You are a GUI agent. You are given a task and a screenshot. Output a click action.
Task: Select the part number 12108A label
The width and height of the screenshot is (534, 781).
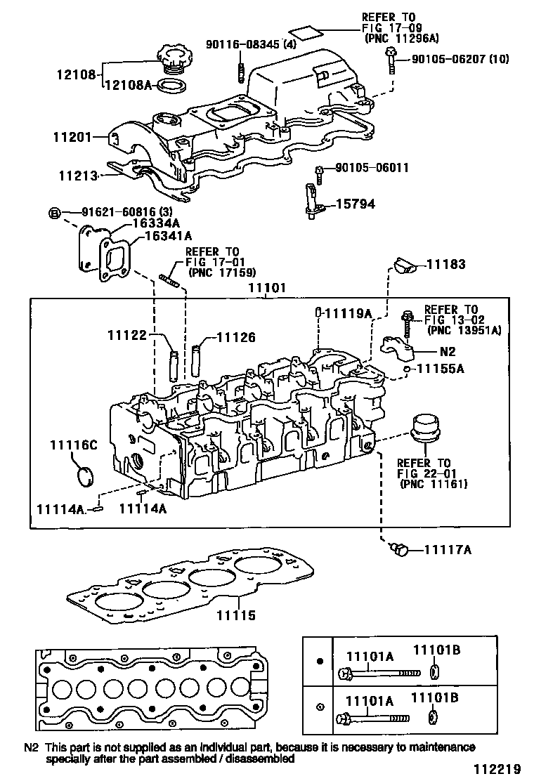128,85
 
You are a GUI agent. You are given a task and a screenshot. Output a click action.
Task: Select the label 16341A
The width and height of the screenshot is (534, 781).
169,236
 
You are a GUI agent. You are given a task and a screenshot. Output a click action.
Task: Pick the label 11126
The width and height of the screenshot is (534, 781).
236,337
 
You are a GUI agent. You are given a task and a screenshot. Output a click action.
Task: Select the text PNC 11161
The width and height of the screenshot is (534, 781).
434,485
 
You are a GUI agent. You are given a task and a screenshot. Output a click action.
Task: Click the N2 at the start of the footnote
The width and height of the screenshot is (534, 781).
31,747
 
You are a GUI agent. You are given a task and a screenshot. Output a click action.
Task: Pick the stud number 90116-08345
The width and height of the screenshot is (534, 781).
241,44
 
